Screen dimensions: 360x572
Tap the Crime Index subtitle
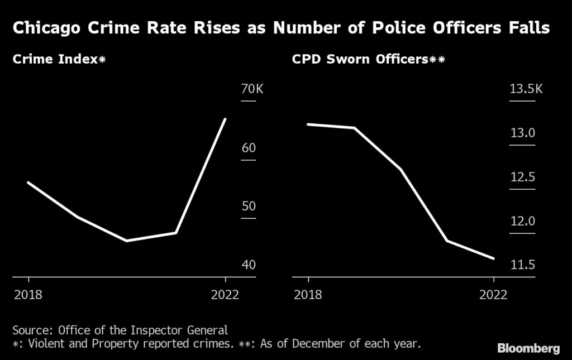(x=59, y=60)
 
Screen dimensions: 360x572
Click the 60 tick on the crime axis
(x=248, y=148)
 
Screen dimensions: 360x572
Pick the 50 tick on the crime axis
(x=248, y=207)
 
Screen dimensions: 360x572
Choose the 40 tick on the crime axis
(x=248, y=265)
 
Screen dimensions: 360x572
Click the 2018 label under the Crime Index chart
(x=28, y=295)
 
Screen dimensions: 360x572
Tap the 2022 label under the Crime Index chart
(x=225, y=295)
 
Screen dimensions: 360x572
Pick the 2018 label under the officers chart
(x=308, y=295)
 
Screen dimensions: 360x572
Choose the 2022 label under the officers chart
(x=493, y=295)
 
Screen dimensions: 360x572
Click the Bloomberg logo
(x=528, y=349)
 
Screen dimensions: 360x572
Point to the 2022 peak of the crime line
(x=225, y=119)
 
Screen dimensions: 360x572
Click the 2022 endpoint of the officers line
(x=494, y=258)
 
